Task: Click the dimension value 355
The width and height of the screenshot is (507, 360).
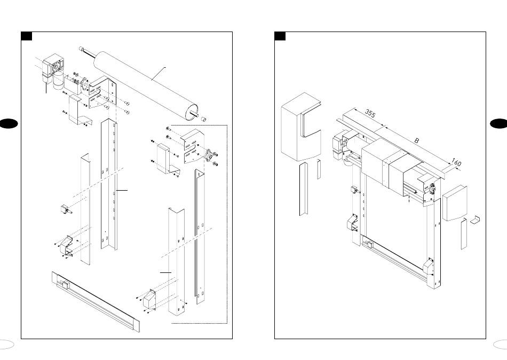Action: [370, 113]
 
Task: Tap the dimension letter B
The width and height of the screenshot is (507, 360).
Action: [417, 141]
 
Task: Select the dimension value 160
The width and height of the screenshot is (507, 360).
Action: [456, 162]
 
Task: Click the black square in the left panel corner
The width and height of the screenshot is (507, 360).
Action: [27, 36]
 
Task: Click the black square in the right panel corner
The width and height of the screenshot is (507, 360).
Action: [280, 36]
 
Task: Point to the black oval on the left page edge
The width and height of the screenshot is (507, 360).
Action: [8, 124]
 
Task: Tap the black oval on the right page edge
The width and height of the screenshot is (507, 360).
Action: [499, 124]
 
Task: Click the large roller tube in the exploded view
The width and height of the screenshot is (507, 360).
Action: [146, 85]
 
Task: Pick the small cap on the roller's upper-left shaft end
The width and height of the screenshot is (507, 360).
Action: [82, 49]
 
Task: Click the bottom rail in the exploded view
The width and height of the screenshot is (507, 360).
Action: [96, 302]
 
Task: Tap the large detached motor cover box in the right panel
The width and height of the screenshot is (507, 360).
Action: [300, 127]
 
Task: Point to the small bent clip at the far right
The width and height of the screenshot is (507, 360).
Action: [475, 220]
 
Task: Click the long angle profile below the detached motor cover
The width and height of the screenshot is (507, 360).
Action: [303, 189]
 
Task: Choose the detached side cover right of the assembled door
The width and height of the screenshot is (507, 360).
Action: [455, 203]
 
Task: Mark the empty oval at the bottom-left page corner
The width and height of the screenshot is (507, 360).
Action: [6, 345]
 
